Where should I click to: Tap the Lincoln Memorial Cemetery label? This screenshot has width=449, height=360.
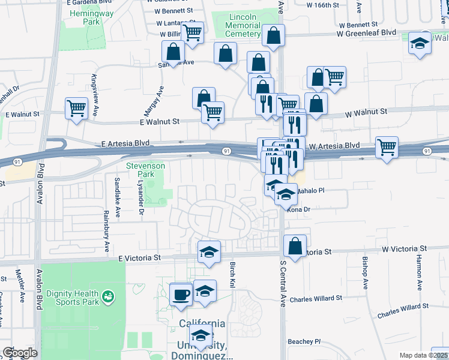(243, 26)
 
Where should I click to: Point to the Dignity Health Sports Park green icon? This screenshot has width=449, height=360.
(107, 295)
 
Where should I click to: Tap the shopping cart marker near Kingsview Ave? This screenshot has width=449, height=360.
(77, 109)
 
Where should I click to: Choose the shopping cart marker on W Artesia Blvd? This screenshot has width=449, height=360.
(387, 146)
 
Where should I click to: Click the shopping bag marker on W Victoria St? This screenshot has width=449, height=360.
(295, 245)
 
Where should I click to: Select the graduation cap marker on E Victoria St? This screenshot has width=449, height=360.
(209, 252)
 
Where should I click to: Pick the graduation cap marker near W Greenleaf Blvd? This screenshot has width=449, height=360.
(420, 43)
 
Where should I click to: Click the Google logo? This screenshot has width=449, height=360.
(20, 352)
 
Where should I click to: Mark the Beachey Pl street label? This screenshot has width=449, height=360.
(306, 341)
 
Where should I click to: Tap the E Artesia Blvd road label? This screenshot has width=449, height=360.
(125, 144)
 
